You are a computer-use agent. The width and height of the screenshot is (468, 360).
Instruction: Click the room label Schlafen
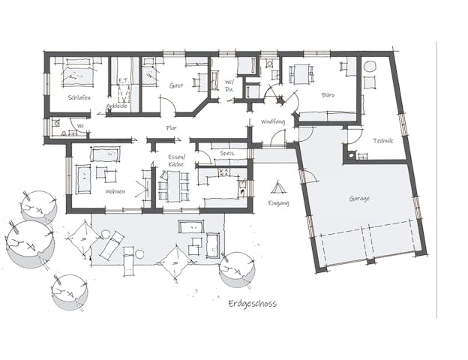pyautogui.click(x=79, y=98)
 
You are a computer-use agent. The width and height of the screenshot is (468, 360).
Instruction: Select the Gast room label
pyautogui.click(x=176, y=85)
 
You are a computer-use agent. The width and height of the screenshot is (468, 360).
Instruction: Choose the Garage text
pyautogui.click(x=360, y=199)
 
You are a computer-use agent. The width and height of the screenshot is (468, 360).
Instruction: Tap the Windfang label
pyautogui.click(x=272, y=121)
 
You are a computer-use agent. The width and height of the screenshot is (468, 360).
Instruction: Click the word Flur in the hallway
pyautogui.click(x=171, y=127)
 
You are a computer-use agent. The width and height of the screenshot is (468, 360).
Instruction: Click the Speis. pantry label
pyautogui.click(x=228, y=153)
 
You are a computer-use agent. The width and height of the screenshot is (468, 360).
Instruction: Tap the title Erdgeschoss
pyautogui.click(x=252, y=304)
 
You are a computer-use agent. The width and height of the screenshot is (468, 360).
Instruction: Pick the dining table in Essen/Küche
pyautogui.click(x=174, y=184)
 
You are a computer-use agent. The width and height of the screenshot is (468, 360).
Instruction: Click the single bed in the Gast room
pyautogui.click(x=149, y=75)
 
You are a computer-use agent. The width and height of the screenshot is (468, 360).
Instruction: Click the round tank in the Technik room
pyautogui.click(x=370, y=67)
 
